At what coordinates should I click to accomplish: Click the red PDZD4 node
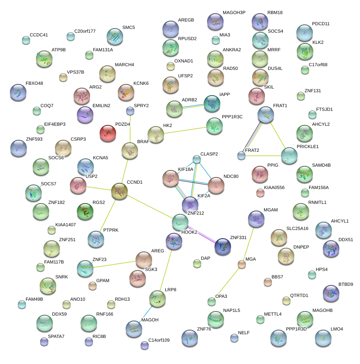[x=108, y=133]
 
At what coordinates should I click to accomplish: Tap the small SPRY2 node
[x=130, y=110]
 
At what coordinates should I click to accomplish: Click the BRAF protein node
[x=130, y=151]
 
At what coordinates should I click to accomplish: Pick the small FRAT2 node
[x=241, y=156]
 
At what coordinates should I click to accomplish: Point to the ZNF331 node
[x=223, y=247]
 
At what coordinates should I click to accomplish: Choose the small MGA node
[x=242, y=264]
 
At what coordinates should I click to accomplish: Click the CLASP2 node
[x=197, y=159]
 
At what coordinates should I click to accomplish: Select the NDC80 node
[x=216, y=185]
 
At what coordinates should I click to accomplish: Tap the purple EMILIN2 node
[x=85, y=115]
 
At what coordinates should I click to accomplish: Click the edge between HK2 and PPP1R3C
[x=185, y=129]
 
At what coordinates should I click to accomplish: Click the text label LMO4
[x=337, y=329]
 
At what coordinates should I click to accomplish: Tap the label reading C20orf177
[x=85, y=31]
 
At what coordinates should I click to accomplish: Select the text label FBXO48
[x=34, y=83]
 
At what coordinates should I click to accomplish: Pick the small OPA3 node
[x=212, y=301]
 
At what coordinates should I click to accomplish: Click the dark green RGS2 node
[x=85, y=211]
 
